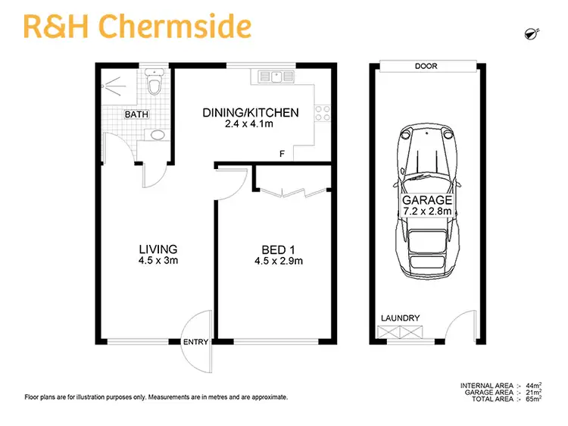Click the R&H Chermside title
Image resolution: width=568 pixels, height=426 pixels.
pyautogui.click(x=137, y=27)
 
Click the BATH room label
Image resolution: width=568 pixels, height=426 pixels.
pyautogui.click(x=136, y=114)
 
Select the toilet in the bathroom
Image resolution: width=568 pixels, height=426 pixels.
pyautogui.click(x=155, y=83)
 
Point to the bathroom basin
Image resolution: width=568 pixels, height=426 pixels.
pyautogui.click(x=158, y=135)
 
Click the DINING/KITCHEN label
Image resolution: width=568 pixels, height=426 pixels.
pyautogui.click(x=250, y=113)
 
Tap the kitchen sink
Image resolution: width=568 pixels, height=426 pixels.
pyautogui.click(x=278, y=76)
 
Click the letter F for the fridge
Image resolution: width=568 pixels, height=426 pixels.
pyautogui.click(x=282, y=155)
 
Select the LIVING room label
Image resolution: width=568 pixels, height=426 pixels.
pyautogui.click(x=158, y=249)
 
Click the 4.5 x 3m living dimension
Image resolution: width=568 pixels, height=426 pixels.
pyautogui.click(x=158, y=261)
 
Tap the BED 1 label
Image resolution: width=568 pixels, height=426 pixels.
pyautogui.click(x=274, y=249)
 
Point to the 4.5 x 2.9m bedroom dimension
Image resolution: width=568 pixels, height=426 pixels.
pyautogui.click(x=274, y=262)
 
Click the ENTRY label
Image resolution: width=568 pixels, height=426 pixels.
pyautogui.click(x=195, y=343)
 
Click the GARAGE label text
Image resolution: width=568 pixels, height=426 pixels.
pyautogui.click(x=427, y=201)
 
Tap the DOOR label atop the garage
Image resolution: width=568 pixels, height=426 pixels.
pyautogui.click(x=426, y=66)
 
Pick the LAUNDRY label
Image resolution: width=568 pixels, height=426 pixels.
pyautogui.click(x=401, y=318)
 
